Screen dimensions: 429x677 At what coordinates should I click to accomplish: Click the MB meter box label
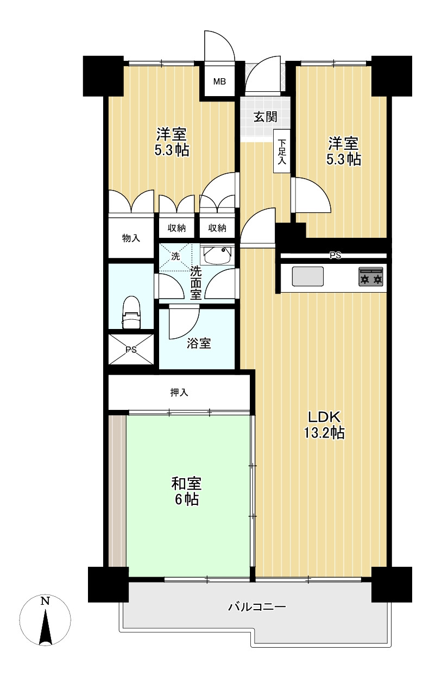pyautogui.click(x=219, y=81)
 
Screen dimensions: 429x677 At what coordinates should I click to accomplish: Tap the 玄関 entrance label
pyautogui.click(x=265, y=117)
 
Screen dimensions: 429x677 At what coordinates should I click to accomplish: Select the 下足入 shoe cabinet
pyautogui.click(x=282, y=151)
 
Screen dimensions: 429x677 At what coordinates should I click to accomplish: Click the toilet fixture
pyautogui.click(x=131, y=312)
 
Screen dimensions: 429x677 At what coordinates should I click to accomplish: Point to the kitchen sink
pyautogui.click(x=308, y=276)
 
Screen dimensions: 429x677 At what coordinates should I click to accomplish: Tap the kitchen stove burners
pyautogui.click(x=371, y=276)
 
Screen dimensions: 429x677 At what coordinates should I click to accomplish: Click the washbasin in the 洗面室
pyautogui.click(x=218, y=255)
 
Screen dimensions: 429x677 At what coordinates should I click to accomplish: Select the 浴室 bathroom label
pyautogui.click(x=199, y=343)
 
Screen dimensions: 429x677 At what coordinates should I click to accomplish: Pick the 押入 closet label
pyautogui.click(x=179, y=393)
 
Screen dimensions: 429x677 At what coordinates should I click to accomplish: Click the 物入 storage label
pyautogui.click(x=131, y=238)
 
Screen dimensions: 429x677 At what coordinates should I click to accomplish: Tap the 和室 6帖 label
pyautogui.click(x=186, y=491)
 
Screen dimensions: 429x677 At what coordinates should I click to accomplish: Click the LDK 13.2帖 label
pyautogui.click(x=324, y=425)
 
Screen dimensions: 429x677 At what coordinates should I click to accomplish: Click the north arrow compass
pyautogui.click(x=46, y=622)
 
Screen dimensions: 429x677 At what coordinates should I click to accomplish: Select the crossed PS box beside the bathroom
pyautogui.click(x=131, y=350)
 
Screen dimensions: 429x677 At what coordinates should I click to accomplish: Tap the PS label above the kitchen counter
pyautogui.click(x=335, y=256)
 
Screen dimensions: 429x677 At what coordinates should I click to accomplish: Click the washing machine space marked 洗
pyautogui.click(x=175, y=256)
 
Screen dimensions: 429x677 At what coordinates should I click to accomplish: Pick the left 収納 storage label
pyautogui.click(x=176, y=228)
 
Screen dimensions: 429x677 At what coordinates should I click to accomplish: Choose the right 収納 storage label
pyautogui.click(x=217, y=228)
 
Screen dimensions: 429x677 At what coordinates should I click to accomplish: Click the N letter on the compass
pyautogui.click(x=46, y=602)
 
